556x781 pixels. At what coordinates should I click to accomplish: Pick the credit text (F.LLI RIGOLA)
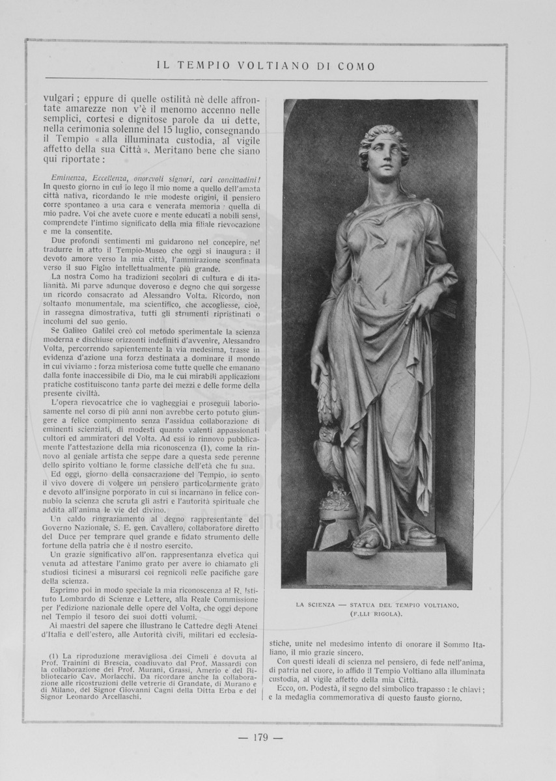pyautogui.click(x=377, y=614)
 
